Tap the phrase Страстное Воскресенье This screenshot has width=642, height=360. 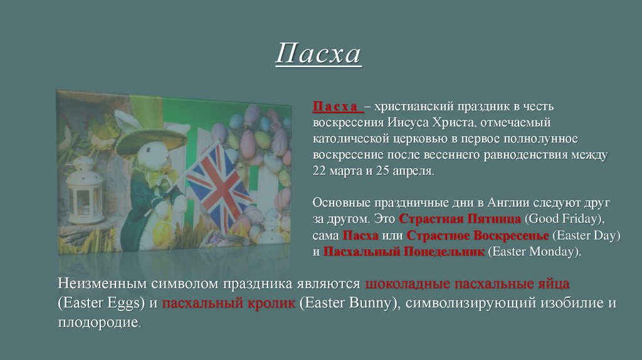pyautogui.click(x=478, y=236)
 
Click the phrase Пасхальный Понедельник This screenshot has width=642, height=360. pyautogui.click(x=403, y=252)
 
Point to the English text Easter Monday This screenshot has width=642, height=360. pyautogui.click(x=533, y=252)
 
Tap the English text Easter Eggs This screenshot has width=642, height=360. pyautogui.click(x=101, y=304)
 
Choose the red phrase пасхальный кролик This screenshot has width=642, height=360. pyautogui.click(x=228, y=304)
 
